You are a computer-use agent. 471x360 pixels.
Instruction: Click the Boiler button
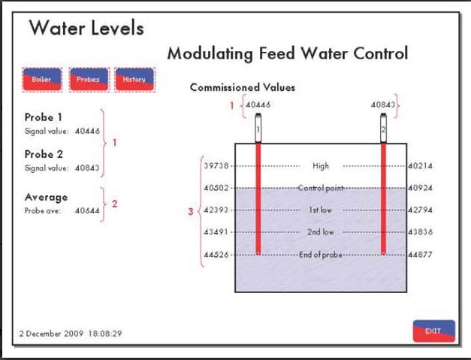click(42, 80)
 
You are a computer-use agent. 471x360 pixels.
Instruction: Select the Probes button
click(89, 80)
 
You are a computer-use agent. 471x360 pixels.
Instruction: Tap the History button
click(134, 80)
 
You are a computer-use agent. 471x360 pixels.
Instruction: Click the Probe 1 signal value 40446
click(87, 131)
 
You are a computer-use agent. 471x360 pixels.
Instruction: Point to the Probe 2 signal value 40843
click(87, 168)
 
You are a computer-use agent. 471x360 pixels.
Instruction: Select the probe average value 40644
click(87, 210)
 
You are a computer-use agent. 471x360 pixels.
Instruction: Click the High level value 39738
click(216, 165)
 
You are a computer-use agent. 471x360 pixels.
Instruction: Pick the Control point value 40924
click(420, 188)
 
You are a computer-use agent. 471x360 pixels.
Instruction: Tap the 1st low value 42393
click(216, 210)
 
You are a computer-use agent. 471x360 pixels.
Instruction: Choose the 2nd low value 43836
click(420, 231)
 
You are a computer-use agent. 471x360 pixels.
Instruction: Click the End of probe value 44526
click(216, 255)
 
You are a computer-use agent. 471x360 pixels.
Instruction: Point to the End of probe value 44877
click(420, 255)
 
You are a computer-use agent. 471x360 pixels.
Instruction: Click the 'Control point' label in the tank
click(321, 188)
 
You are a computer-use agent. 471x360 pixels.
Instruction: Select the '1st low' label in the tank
click(321, 210)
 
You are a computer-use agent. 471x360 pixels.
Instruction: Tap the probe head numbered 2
click(383, 128)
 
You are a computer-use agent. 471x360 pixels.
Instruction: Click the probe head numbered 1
click(258, 128)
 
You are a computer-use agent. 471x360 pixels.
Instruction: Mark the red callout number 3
click(191, 211)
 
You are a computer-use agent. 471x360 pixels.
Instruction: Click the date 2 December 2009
click(51, 334)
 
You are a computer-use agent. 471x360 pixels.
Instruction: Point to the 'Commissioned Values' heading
click(243, 87)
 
